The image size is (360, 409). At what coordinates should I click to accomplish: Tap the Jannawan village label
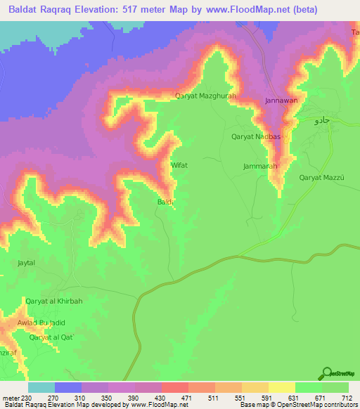click(282, 100)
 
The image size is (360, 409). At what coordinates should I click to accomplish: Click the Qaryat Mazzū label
click(321, 178)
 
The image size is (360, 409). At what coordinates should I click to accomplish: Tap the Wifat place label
click(179, 165)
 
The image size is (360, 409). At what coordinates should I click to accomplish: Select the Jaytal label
click(26, 263)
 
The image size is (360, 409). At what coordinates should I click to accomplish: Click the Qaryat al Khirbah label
click(54, 301)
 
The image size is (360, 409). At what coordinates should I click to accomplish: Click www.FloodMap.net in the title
click(237, 10)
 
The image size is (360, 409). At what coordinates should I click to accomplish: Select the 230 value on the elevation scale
click(29, 398)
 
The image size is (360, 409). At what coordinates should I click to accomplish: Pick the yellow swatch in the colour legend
click(281, 387)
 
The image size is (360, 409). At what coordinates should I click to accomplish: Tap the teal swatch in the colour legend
click(41, 387)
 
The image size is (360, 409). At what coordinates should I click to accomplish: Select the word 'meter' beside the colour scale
click(11, 398)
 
